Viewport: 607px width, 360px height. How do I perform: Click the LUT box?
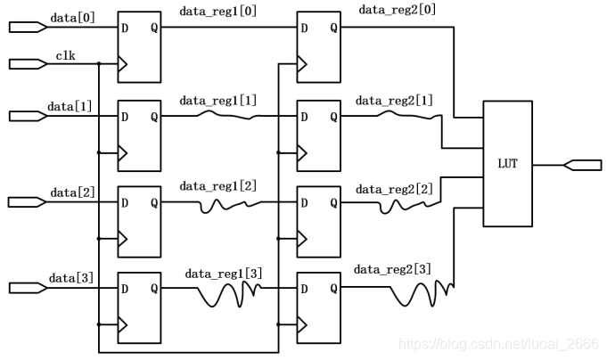[x=507, y=163]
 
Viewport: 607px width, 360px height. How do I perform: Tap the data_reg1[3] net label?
[x=224, y=274]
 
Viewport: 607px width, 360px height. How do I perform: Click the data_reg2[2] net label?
[x=393, y=188]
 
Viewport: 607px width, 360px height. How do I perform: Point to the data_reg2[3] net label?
[x=393, y=269]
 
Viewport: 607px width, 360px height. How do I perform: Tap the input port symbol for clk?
[x=27, y=63]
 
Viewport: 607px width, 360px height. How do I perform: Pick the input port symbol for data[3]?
[x=27, y=287]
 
